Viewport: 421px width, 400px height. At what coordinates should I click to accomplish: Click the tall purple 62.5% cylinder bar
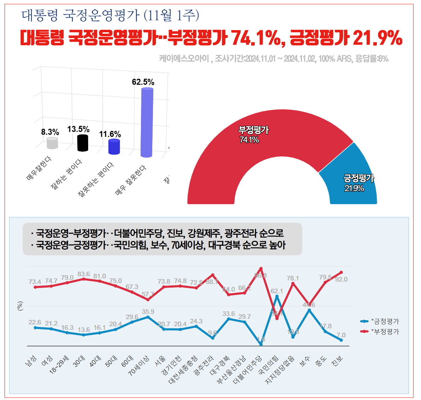click(147, 122)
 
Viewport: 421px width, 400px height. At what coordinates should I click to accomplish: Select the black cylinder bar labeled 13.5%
click(83, 143)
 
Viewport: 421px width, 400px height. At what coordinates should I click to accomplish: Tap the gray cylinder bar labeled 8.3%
click(52, 143)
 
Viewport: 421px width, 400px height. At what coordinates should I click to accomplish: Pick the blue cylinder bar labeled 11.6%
click(114, 147)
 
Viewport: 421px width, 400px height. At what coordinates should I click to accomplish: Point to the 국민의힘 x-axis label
click(268, 365)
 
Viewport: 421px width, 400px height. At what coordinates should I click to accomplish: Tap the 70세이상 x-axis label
click(139, 366)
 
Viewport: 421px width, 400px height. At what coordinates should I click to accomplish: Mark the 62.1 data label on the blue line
click(277, 291)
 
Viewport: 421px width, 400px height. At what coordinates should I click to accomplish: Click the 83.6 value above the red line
click(84, 274)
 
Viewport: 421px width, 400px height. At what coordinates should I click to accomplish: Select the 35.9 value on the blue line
click(148, 312)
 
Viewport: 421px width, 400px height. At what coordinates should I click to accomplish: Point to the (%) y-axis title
click(20, 306)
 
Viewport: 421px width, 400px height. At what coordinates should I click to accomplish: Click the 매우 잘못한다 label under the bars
click(131, 180)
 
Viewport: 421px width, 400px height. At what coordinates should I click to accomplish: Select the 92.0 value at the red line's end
click(341, 279)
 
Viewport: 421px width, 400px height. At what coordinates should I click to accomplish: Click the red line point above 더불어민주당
click(261, 268)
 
